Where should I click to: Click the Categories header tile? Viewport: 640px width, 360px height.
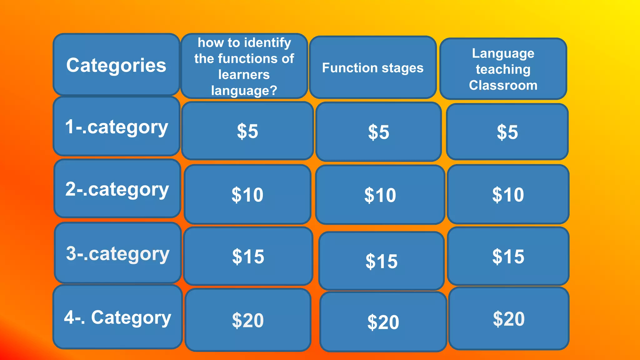coord(116,65)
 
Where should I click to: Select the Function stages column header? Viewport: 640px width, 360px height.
coord(372,68)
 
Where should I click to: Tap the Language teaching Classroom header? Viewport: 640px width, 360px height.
coord(503,69)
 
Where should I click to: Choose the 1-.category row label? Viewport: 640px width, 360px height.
coord(117,127)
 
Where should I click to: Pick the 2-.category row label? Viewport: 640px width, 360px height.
coord(117,189)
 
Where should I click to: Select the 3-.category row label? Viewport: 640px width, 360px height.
coord(118,253)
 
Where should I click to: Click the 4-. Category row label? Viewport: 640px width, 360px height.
coord(117,317)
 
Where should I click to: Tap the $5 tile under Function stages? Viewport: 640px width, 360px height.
coord(378,132)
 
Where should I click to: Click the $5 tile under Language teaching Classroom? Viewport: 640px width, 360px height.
coord(507,132)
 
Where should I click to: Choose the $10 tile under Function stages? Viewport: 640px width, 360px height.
coord(380,195)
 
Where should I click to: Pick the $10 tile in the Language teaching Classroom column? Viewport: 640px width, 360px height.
coord(508,194)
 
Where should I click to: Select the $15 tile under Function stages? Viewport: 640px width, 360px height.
coord(381,261)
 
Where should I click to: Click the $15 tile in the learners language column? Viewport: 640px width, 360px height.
coord(248,256)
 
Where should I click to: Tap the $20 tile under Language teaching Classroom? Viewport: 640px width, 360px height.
coord(509,318)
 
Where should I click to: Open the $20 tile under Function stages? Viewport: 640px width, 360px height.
coord(383,322)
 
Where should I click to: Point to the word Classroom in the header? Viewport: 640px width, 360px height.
coord(503,85)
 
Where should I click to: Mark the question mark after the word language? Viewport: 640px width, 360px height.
coord(273,91)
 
